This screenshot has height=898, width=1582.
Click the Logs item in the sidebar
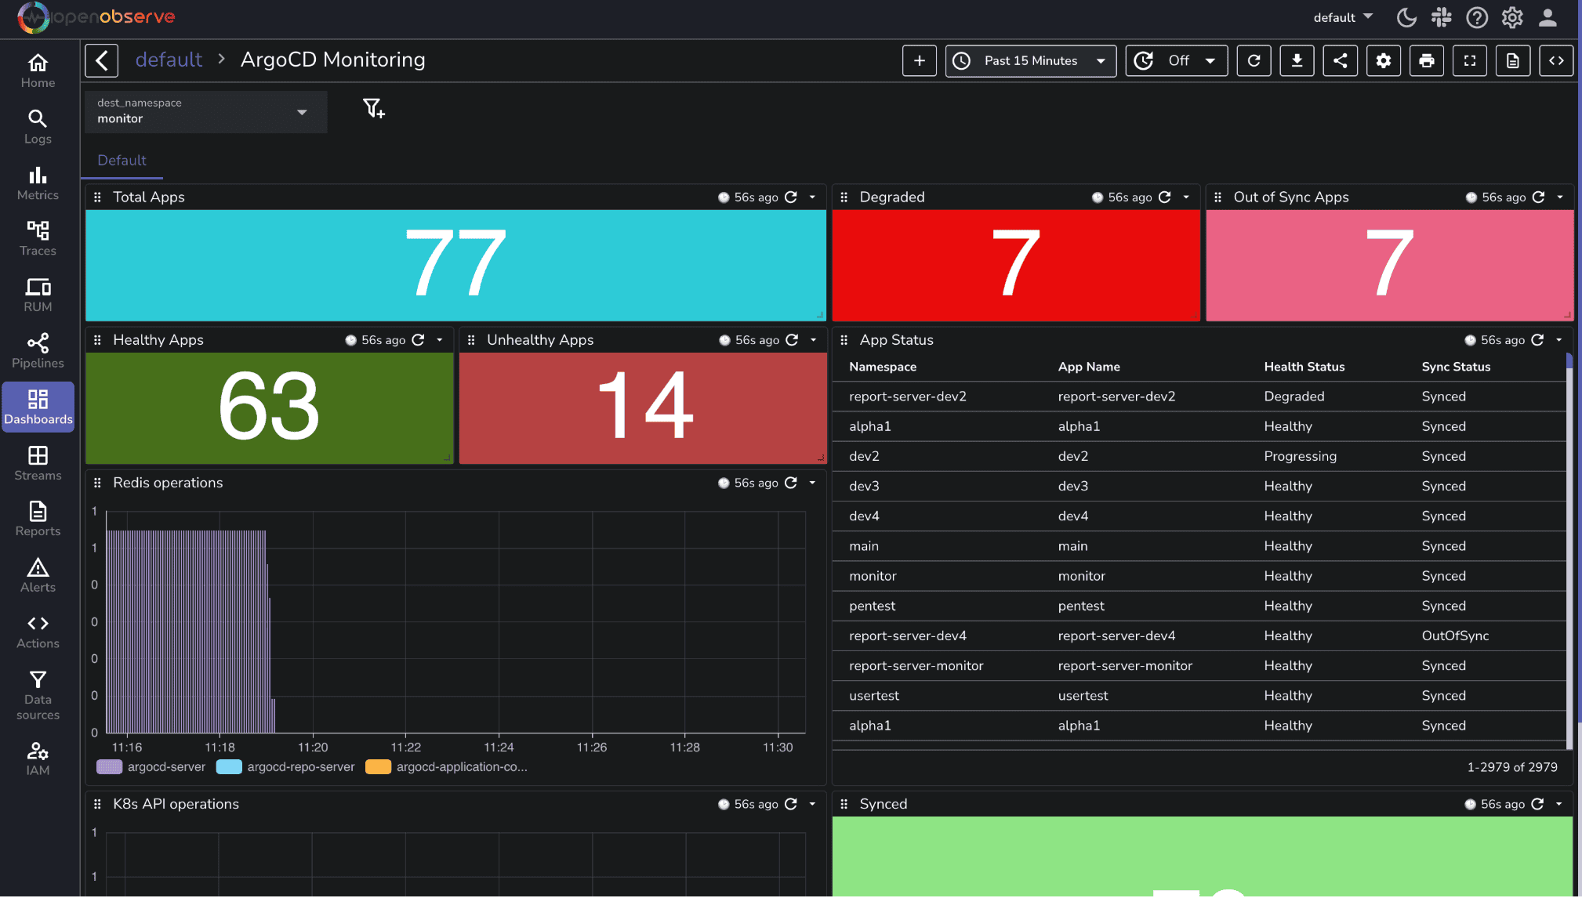coord(38,126)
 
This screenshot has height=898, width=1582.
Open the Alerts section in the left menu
coord(38,574)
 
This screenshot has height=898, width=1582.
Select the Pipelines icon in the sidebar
coord(38,350)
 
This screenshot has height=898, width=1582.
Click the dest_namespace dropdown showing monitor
coord(205,111)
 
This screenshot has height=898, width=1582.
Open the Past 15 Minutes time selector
coord(1030,60)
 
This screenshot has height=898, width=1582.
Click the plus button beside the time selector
coord(919,60)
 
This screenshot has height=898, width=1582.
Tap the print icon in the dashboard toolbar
coord(1426,60)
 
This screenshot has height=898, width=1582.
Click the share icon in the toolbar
coord(1340,60)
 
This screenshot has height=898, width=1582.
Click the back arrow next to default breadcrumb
coord(102,60)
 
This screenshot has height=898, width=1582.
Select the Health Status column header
coord(1304,366)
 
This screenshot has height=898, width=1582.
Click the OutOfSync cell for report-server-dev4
coord(1455,635)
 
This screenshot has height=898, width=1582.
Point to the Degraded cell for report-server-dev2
coord(1294,396)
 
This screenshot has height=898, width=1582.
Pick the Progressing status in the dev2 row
coord(1300,456)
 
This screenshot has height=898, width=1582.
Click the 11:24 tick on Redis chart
coord(499,747)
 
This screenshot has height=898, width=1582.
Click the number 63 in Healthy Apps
coord(269,407)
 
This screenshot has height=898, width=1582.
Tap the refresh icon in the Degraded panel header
coord(1165,197)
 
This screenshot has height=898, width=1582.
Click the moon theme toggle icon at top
coord(1406,17)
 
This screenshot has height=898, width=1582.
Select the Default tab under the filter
coord(122,160)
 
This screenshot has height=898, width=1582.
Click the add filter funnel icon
coord(373,108)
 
